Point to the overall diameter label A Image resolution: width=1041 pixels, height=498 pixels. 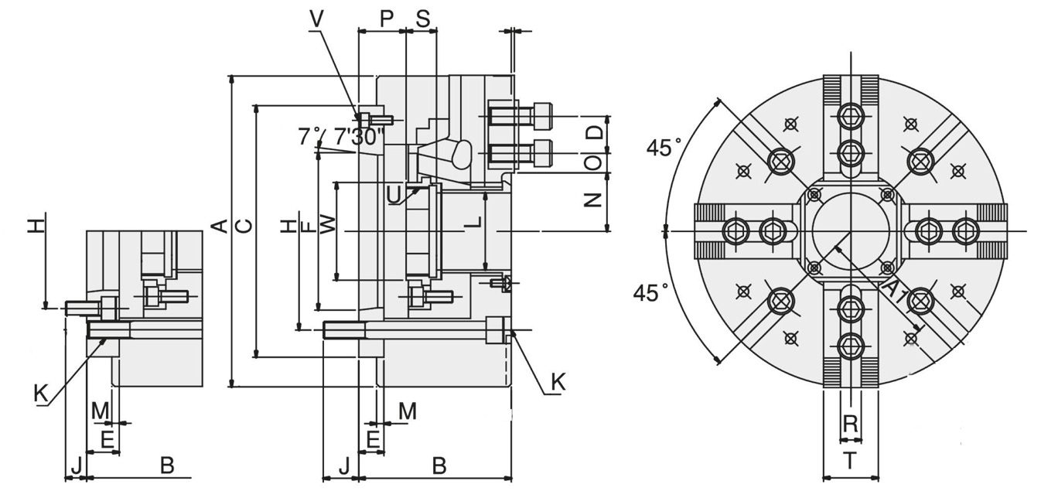pos(220,226)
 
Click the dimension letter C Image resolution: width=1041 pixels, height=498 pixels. pos(244,226)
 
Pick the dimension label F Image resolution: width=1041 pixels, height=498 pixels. pos(307,227)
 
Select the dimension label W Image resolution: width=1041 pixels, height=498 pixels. pos(328,225)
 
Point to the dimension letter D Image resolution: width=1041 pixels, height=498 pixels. pos(593,132)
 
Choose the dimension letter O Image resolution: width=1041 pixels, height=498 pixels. pos(593,163)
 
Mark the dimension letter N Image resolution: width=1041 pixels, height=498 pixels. pos(593,200)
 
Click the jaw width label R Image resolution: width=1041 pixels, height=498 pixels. pos(850,424)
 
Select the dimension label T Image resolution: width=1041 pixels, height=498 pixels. pos(850,462)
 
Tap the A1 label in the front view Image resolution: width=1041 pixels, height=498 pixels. pos(893,292)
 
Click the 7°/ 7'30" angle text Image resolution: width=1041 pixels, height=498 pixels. pos(340,138)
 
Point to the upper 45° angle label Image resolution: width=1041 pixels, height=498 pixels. pos(664,148)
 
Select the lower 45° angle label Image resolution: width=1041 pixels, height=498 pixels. pos(650,293)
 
